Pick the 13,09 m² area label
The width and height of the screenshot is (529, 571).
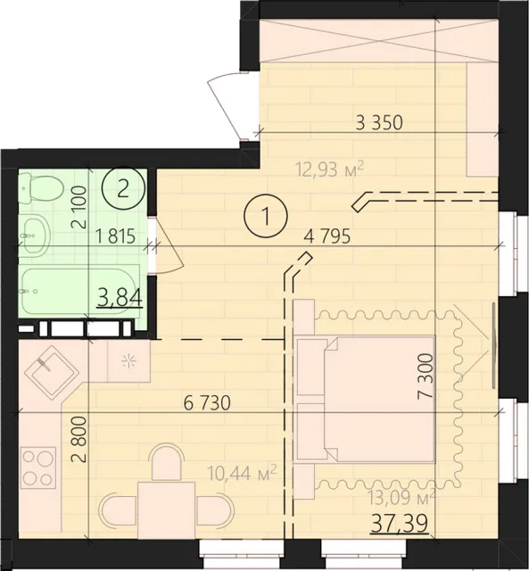point(402,497)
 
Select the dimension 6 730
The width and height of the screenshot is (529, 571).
point(207,403)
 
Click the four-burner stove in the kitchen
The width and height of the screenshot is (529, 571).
point(36,464)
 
